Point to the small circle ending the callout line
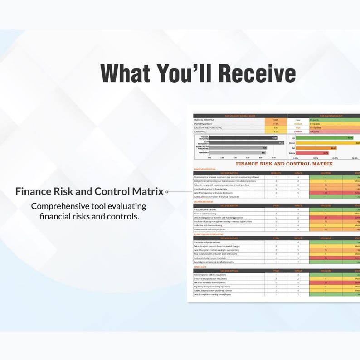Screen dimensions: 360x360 [x=167, y=192]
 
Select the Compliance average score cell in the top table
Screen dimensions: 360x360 [x=276, y=131]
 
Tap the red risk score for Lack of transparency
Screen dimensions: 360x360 [x=325, y=193]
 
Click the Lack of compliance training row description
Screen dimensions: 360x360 [x=213, y=294]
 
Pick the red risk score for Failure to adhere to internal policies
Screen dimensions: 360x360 [x=325, y=282]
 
